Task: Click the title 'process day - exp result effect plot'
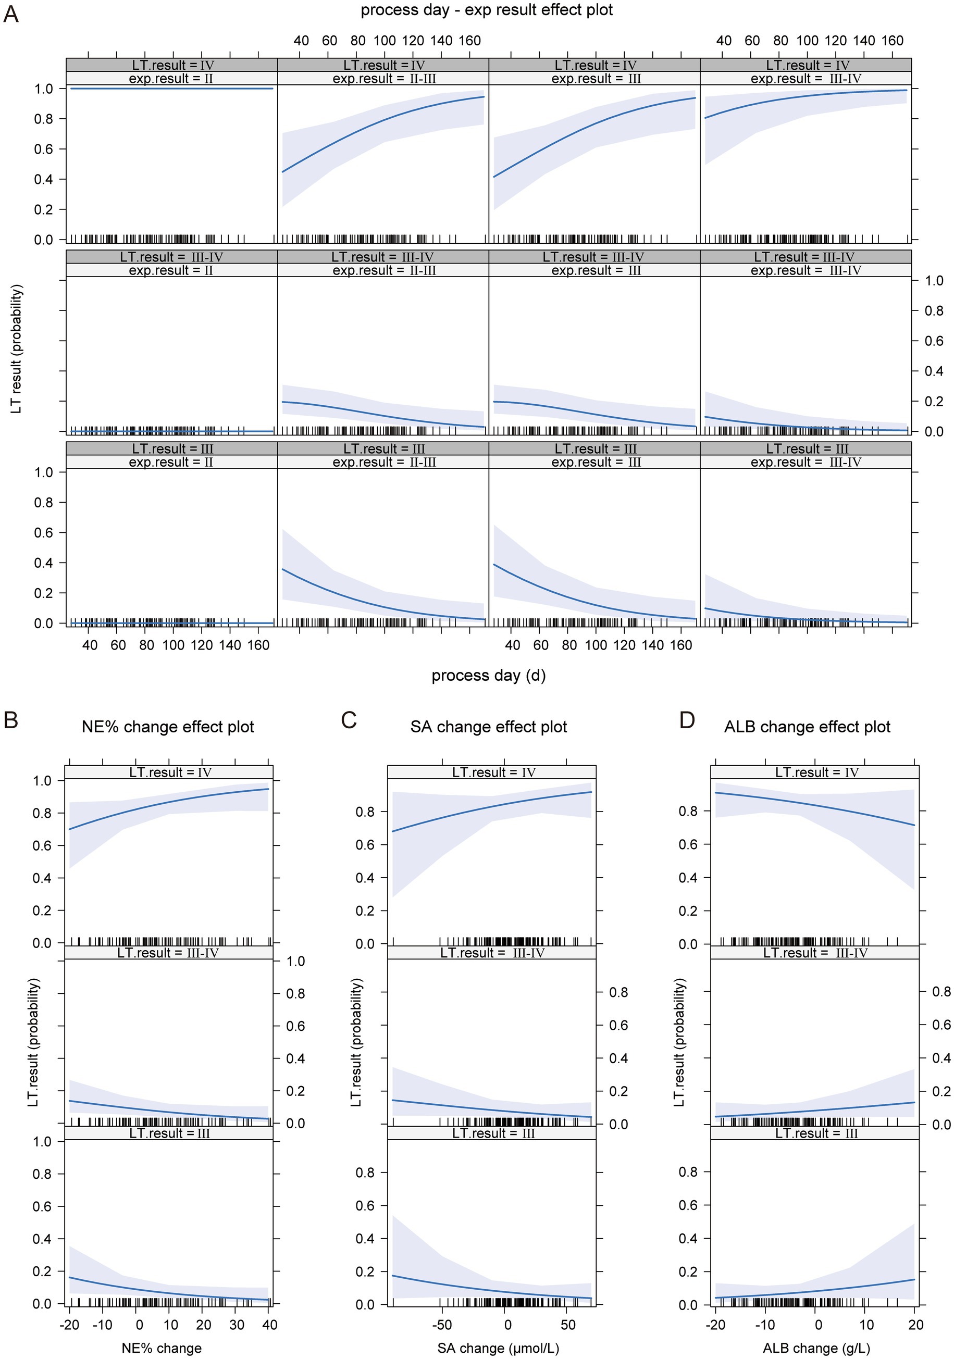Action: click(487, 10)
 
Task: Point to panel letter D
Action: click(687, 720)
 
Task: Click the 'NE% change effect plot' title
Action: click(168, 727)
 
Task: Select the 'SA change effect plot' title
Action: click(489, 727)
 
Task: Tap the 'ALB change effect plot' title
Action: click(807, 727)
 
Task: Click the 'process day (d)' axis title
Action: click(489, 676)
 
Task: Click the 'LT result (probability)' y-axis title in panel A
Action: click(16, 349)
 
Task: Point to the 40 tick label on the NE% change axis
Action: click(269, 1325)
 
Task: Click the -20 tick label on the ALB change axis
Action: click(715, 1325)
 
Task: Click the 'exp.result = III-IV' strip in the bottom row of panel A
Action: click(806, 462)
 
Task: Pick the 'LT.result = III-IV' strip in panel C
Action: click(491, 953)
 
